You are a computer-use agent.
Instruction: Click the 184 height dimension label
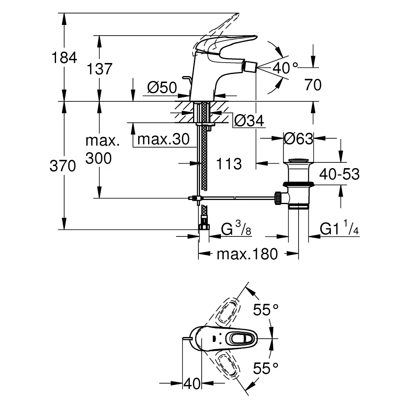pyautogui.click(x=64, y=58)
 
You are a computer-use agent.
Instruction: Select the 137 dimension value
pyautogui.click(x=99, y=69)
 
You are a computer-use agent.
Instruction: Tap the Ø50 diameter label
pyautogui.click(x=162, y=88)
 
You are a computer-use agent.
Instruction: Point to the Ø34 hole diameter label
pyautogui.click(x=249, y=121)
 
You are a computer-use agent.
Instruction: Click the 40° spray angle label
pyautogui.click(x=285, y=68)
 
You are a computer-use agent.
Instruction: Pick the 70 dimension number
pyautogui.click(x=313, y=85)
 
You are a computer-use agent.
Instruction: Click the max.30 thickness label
pyautogui.click(x=163, y=139)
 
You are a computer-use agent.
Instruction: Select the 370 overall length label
pyautogui.click(x=63, y=166)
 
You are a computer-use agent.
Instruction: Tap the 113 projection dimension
pyautogui.click(x=229, y=164)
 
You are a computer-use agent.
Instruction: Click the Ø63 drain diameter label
pyautogui.click(x=299, y=139)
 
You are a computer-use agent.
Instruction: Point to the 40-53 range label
pyautogui.click(x=339, y=174)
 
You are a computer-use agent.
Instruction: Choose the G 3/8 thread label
pyautogui.click(x=236, y=228)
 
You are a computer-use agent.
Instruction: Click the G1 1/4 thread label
pyautogui.click(x=339, y=228)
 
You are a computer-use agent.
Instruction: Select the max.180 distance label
pyautogui.click(x=247, y=254)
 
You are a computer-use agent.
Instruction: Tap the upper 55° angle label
pyautogui.click(x=265, y=310)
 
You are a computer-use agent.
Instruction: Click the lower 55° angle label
pyautogui.click(x=265, y=369)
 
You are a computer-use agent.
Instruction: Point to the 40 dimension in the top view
pyautogui.click(x=192, y=384)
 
